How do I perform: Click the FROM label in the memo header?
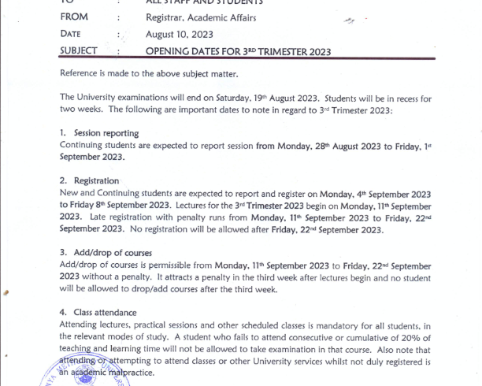[x=74, y=17]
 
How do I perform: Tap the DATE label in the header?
[x=70, y=34]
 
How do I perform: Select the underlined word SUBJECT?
[x=79, y=51]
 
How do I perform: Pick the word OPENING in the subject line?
[x=169, y=52]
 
